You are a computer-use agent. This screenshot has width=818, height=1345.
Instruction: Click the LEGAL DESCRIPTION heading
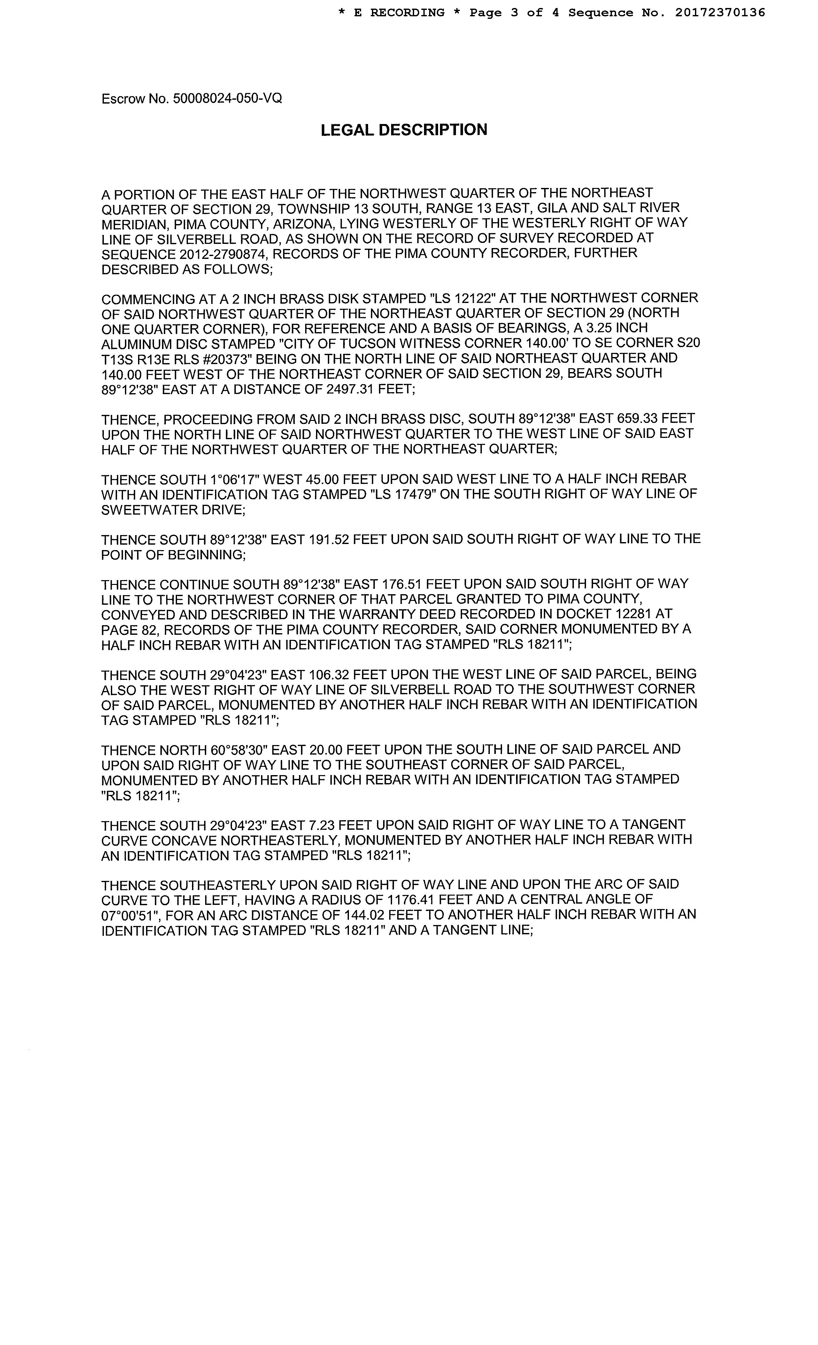click(404, 130)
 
